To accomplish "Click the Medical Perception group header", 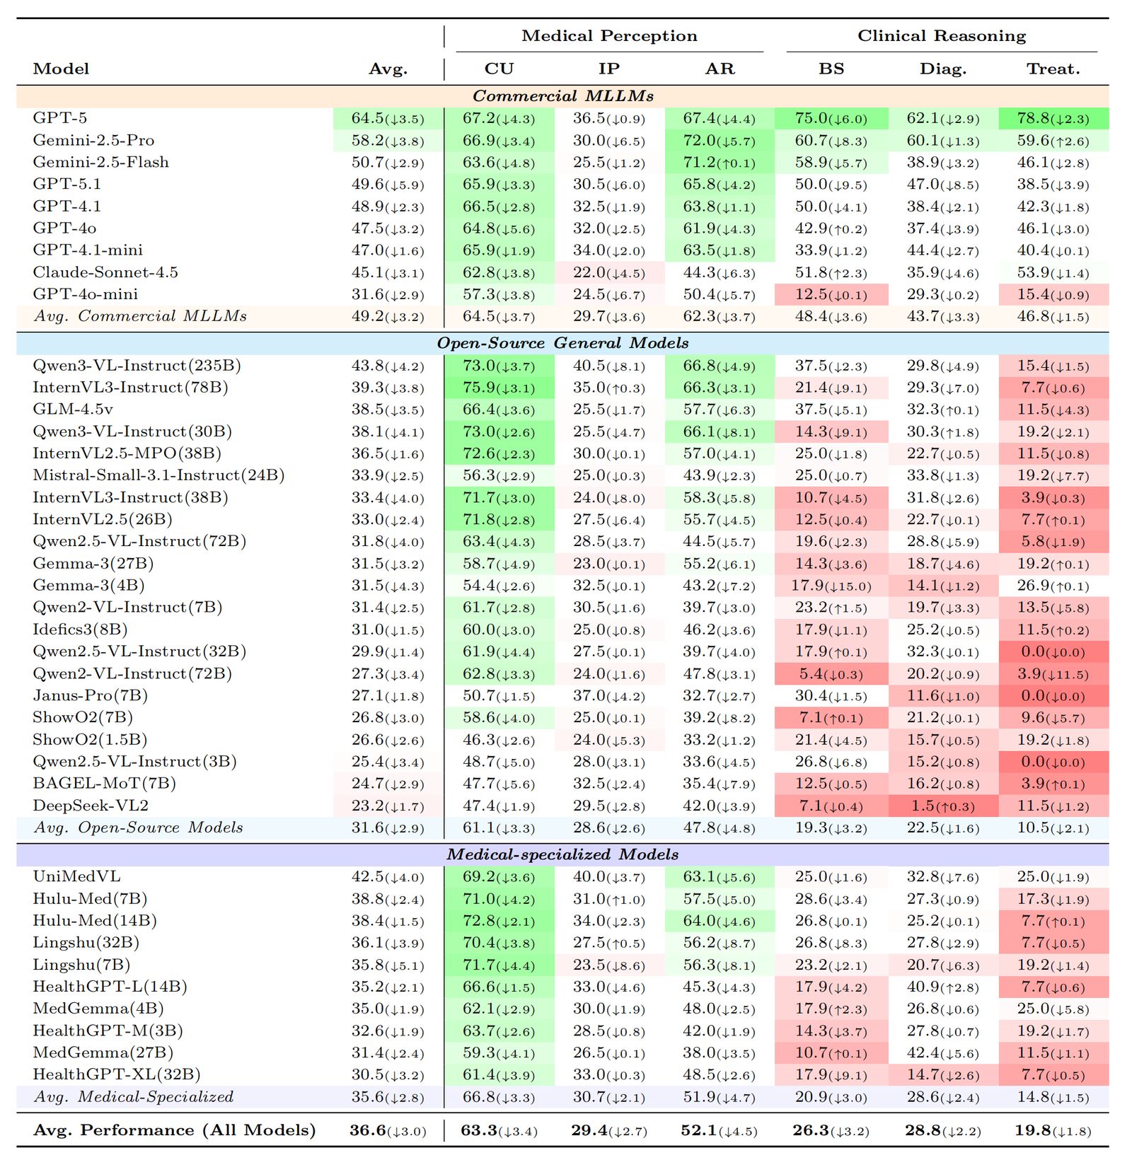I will [x=609, y=36].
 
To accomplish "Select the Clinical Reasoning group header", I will [x=941, y=36].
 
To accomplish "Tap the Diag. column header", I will [x=942, y=69].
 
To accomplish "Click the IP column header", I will [x=608, y=69].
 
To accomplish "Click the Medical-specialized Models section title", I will [x=562, y=854].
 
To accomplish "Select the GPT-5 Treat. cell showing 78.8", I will [x=1053, y=118].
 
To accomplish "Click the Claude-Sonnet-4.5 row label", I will [x=105, y=272].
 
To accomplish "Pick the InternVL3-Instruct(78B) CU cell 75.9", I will [x=499, y=388].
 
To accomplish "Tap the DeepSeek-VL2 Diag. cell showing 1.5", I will [x=942, y=806].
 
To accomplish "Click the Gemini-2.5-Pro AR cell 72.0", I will [x=720, y=141].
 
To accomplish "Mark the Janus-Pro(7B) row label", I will [x=90, y=696].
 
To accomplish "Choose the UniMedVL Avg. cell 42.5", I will [x=388, y=877].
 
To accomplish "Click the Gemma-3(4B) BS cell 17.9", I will [x=831, y=586].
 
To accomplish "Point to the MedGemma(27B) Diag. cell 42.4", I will [x=942, y=1053].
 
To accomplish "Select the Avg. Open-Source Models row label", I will [x=138, y=828].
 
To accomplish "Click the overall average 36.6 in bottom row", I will [x=388, y=1130].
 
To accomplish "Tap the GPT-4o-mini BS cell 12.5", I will [x=831, y=294].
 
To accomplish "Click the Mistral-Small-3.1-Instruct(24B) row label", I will [x=158, y=475].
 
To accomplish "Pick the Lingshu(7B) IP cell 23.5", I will [x=608, y=965].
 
